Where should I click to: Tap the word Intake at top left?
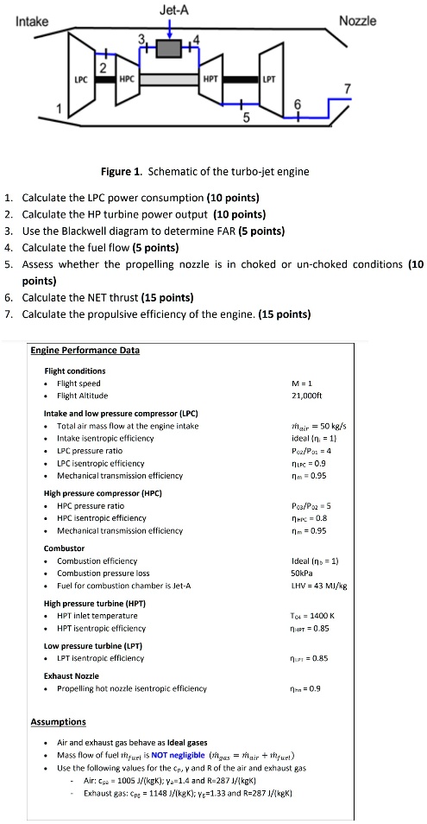coord(33,21)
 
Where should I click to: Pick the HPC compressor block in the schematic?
coord(127,79)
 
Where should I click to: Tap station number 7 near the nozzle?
coord(347,89)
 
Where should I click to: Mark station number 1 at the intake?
coord(60,110)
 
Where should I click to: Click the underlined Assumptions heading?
coord(60,721)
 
